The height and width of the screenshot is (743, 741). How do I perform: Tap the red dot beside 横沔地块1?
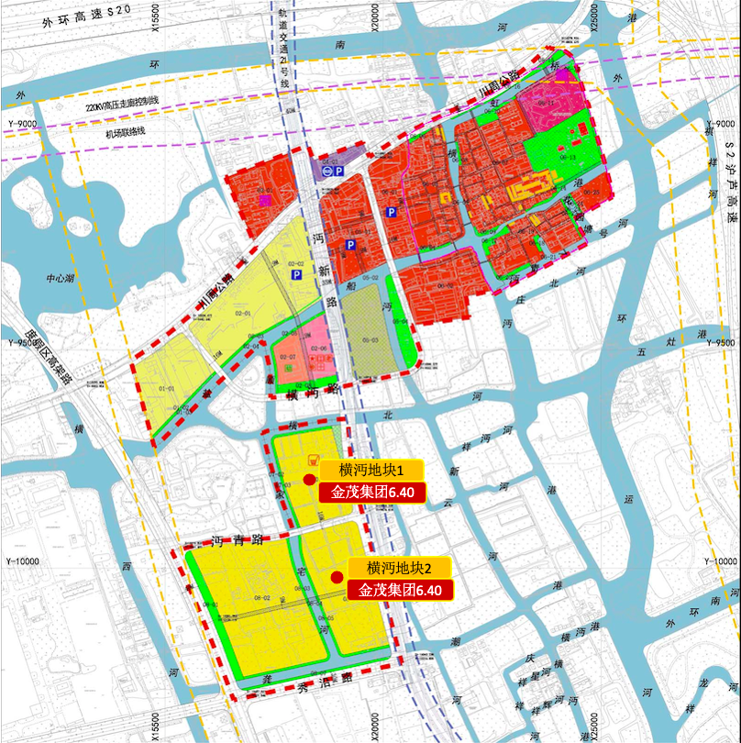[309, 479]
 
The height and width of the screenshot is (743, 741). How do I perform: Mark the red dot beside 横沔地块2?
[337, 577]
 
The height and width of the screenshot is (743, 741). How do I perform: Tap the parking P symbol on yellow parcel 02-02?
[296, 275]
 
